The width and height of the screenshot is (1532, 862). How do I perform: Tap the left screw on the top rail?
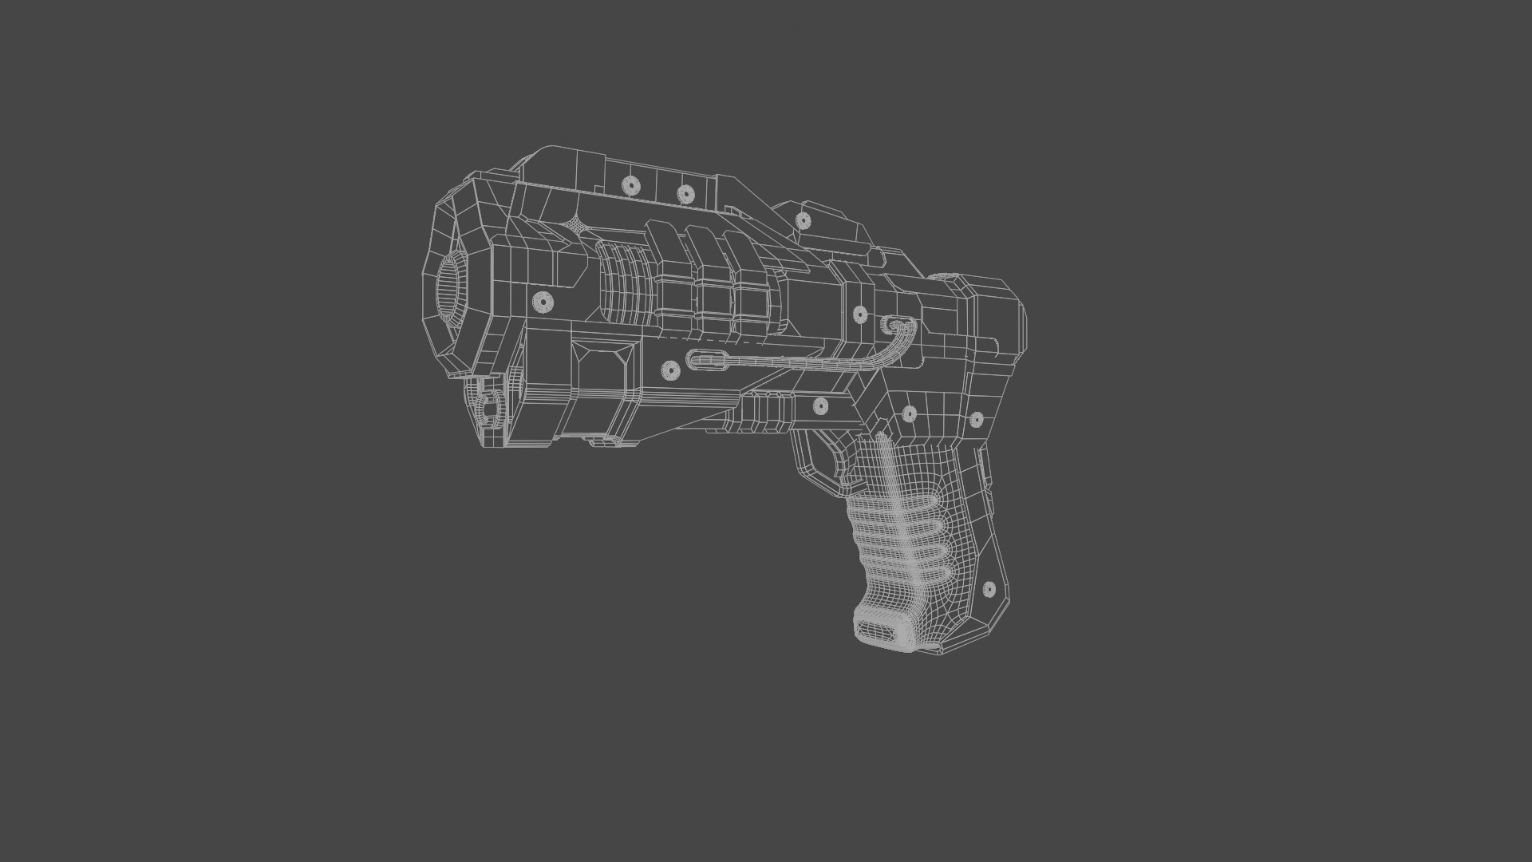(x=631, y=186)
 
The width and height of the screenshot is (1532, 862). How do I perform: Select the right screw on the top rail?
(x=685, y=194)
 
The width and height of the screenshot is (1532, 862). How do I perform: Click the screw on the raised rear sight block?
(x=803, y=221)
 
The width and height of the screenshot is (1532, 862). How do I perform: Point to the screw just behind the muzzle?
(x=543, y=302)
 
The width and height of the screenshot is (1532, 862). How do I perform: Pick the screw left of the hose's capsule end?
(x=670, y=370)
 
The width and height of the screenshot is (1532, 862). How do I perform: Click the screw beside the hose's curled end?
(x=859, y=314)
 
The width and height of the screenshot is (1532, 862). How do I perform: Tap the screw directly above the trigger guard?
(x=820, y=406)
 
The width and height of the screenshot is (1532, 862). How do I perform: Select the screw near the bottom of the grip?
(x=989, y=589)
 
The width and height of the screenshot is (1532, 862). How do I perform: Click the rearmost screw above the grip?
(x=976, y=420)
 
